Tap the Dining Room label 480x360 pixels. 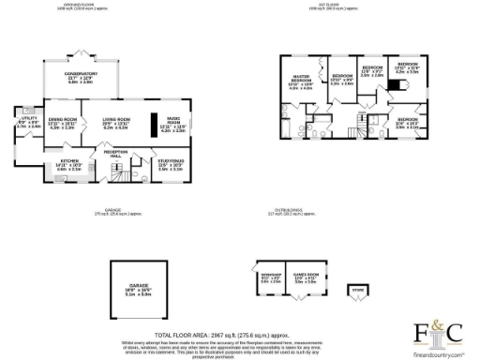62,123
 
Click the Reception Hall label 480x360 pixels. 115,153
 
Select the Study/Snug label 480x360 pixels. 170,165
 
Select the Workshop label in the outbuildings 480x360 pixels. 269,277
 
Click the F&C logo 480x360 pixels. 439,331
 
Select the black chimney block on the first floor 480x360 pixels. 395,84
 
